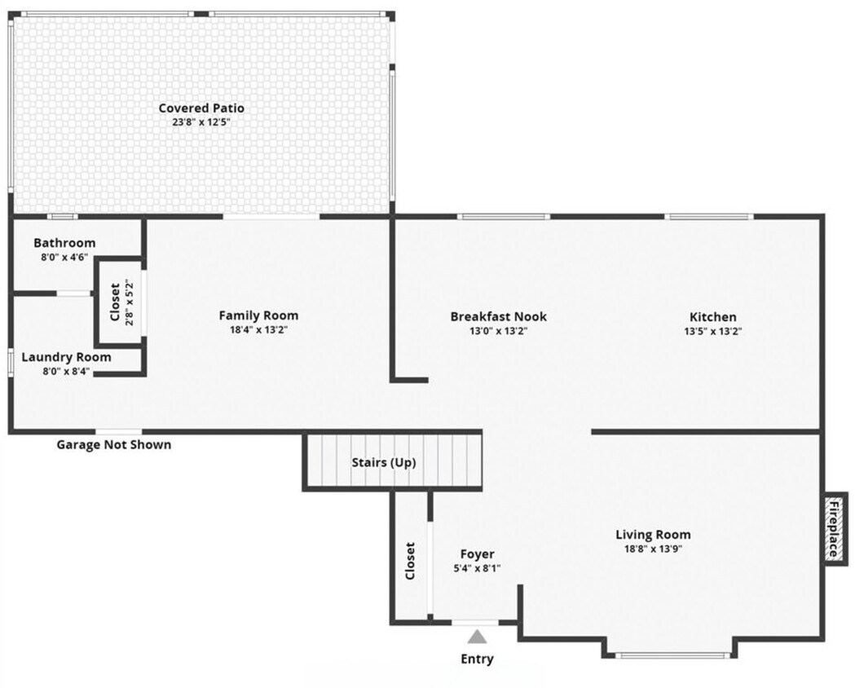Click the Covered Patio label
(201, 108)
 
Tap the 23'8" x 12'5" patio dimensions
(201, 122)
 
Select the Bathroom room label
(64, 243)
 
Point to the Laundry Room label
(66, 357)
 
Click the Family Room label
(258, 315)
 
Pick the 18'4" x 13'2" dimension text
(258, 330)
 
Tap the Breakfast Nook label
(498, 316)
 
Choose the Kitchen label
(712, 317)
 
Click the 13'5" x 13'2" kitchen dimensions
(712, 331)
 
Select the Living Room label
(653, 535)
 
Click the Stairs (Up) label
(384, 462)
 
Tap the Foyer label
(477, 554)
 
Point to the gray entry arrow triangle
(477, 637)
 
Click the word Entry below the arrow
(477, 659)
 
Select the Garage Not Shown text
(113, 444)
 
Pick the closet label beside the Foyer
(410, 561)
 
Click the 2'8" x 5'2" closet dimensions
(130, 302)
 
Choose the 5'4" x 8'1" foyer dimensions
(477, 568)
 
